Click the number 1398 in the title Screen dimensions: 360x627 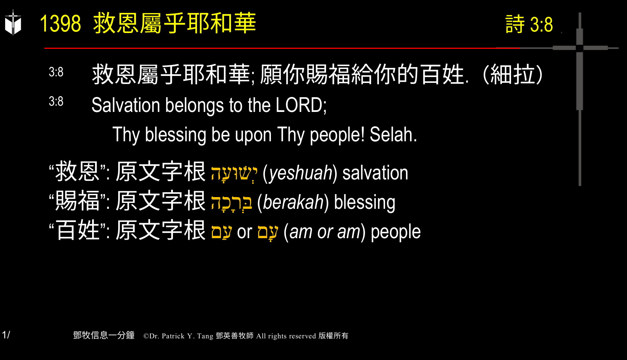pos(60,24)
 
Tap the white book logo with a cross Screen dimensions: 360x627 pos(13,23)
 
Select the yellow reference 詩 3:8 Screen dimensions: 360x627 pos(529,25)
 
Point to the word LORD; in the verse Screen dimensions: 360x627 pos(301,105)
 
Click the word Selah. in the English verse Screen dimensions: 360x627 pos(393,135)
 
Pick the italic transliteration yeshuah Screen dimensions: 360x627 pos(300,173)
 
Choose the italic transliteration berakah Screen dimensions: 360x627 pos(293,202)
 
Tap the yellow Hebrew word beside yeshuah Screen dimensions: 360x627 pos(234,173)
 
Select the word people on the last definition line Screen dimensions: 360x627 pos(395,232)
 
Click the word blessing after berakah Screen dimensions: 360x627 pos(365,202)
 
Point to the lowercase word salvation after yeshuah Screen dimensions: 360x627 pos(375,173)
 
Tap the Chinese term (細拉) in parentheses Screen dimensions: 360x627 pos(512,74)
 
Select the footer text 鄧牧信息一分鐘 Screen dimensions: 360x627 pos(104,335)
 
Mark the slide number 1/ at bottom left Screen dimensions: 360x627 pos(6,335)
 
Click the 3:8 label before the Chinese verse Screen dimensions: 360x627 pos(56,72)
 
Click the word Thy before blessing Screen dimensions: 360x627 pos(126,135)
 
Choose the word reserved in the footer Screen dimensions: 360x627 pos(302,336)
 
